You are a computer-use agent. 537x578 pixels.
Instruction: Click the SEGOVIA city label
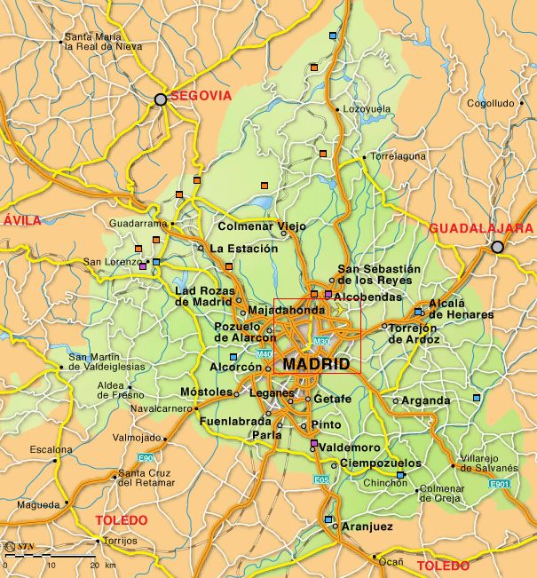tap(201, 95)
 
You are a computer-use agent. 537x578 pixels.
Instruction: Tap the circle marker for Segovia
tap(161, 99)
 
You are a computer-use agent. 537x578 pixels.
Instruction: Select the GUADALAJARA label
tap(480, 228)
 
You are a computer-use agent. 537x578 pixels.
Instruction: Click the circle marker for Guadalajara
tap(497, 247)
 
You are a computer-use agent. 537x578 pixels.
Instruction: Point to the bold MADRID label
tap(317, 364)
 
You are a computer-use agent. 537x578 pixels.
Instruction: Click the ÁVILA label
tap(22, 220)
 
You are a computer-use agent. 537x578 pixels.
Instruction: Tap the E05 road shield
tap(322, 480)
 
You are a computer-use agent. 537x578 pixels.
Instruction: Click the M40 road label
tap(265, 355)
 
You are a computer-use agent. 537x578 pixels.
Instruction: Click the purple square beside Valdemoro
tap(313, 443)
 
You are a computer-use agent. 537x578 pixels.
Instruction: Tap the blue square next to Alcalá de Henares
tap(418, 312)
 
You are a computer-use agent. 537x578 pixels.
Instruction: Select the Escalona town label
tap(51, 450)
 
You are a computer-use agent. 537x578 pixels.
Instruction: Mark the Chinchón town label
tap(385, 483)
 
